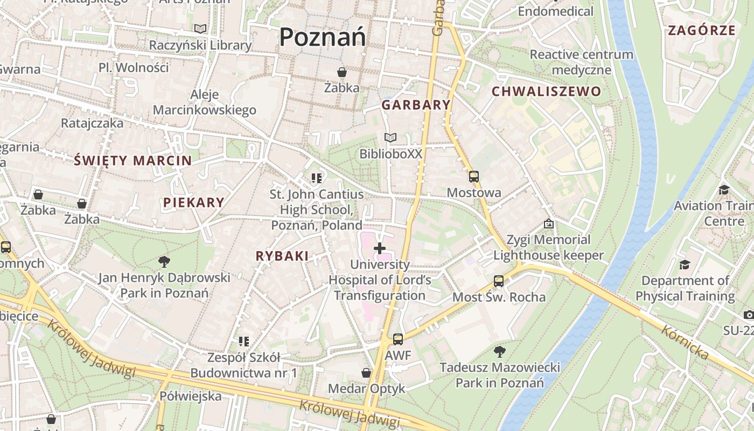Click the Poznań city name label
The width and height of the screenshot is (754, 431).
point(322,37)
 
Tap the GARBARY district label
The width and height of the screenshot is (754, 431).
point(416,105)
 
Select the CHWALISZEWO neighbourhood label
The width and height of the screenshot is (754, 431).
point(546,92)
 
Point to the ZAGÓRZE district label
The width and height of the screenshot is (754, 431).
point(702,30)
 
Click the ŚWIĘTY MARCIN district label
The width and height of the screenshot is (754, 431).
point(132,161)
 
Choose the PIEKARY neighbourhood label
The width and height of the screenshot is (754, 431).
point(193,203)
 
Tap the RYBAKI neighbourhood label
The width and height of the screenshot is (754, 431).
point(282,256)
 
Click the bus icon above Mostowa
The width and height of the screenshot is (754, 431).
point(473,177)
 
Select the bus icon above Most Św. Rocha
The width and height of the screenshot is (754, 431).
point(499,281)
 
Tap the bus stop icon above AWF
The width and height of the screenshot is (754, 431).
point(398,339)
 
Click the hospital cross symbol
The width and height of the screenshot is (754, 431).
point(380,248)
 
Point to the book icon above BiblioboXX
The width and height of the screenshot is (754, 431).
point(390,138)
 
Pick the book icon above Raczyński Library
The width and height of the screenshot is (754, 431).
point(200,29)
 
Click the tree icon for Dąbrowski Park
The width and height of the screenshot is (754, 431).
point(164,262)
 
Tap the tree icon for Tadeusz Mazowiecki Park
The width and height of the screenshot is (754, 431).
point(500,352)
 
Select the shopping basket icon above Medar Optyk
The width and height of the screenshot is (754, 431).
point(366,373)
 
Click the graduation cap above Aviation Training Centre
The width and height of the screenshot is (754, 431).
point(724,190)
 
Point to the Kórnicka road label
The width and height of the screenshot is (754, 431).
point(685,343)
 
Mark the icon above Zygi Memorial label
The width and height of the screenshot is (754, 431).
point(548,223)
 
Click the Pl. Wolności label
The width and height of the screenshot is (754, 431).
point(134,68)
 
